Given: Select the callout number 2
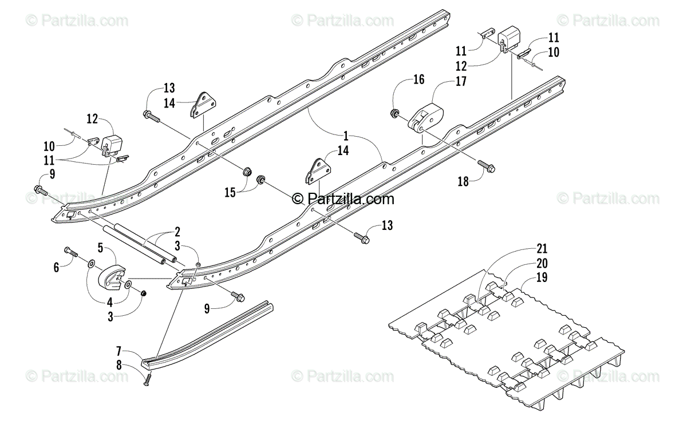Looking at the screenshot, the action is (177, 232).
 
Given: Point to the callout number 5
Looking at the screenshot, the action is (100, 248).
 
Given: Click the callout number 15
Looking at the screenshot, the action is (230, 193).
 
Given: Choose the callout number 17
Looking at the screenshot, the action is (461, 82).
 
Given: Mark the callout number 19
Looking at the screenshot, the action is (542, 278).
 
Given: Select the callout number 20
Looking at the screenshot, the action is (542, 263).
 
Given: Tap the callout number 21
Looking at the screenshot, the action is (542, 248).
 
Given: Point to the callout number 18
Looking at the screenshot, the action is (463, 181).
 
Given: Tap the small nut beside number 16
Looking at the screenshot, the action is (395, 113).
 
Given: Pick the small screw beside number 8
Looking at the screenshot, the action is (147, 377).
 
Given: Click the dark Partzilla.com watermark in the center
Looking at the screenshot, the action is (343, 199).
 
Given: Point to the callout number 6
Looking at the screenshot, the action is (56, 267).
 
